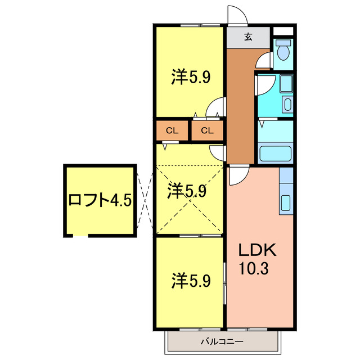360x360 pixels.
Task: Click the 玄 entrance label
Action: [248, 38]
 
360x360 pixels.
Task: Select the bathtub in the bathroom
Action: [275, 152]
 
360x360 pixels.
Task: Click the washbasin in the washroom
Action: [287, 105]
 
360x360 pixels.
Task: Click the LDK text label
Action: [257, 249]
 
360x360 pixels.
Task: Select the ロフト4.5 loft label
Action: [100, 200]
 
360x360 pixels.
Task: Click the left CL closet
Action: [172, 131]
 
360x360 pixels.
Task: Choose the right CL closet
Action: [208, 131]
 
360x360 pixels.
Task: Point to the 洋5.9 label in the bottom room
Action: [191, 280]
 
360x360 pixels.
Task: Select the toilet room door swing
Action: [263, 61]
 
